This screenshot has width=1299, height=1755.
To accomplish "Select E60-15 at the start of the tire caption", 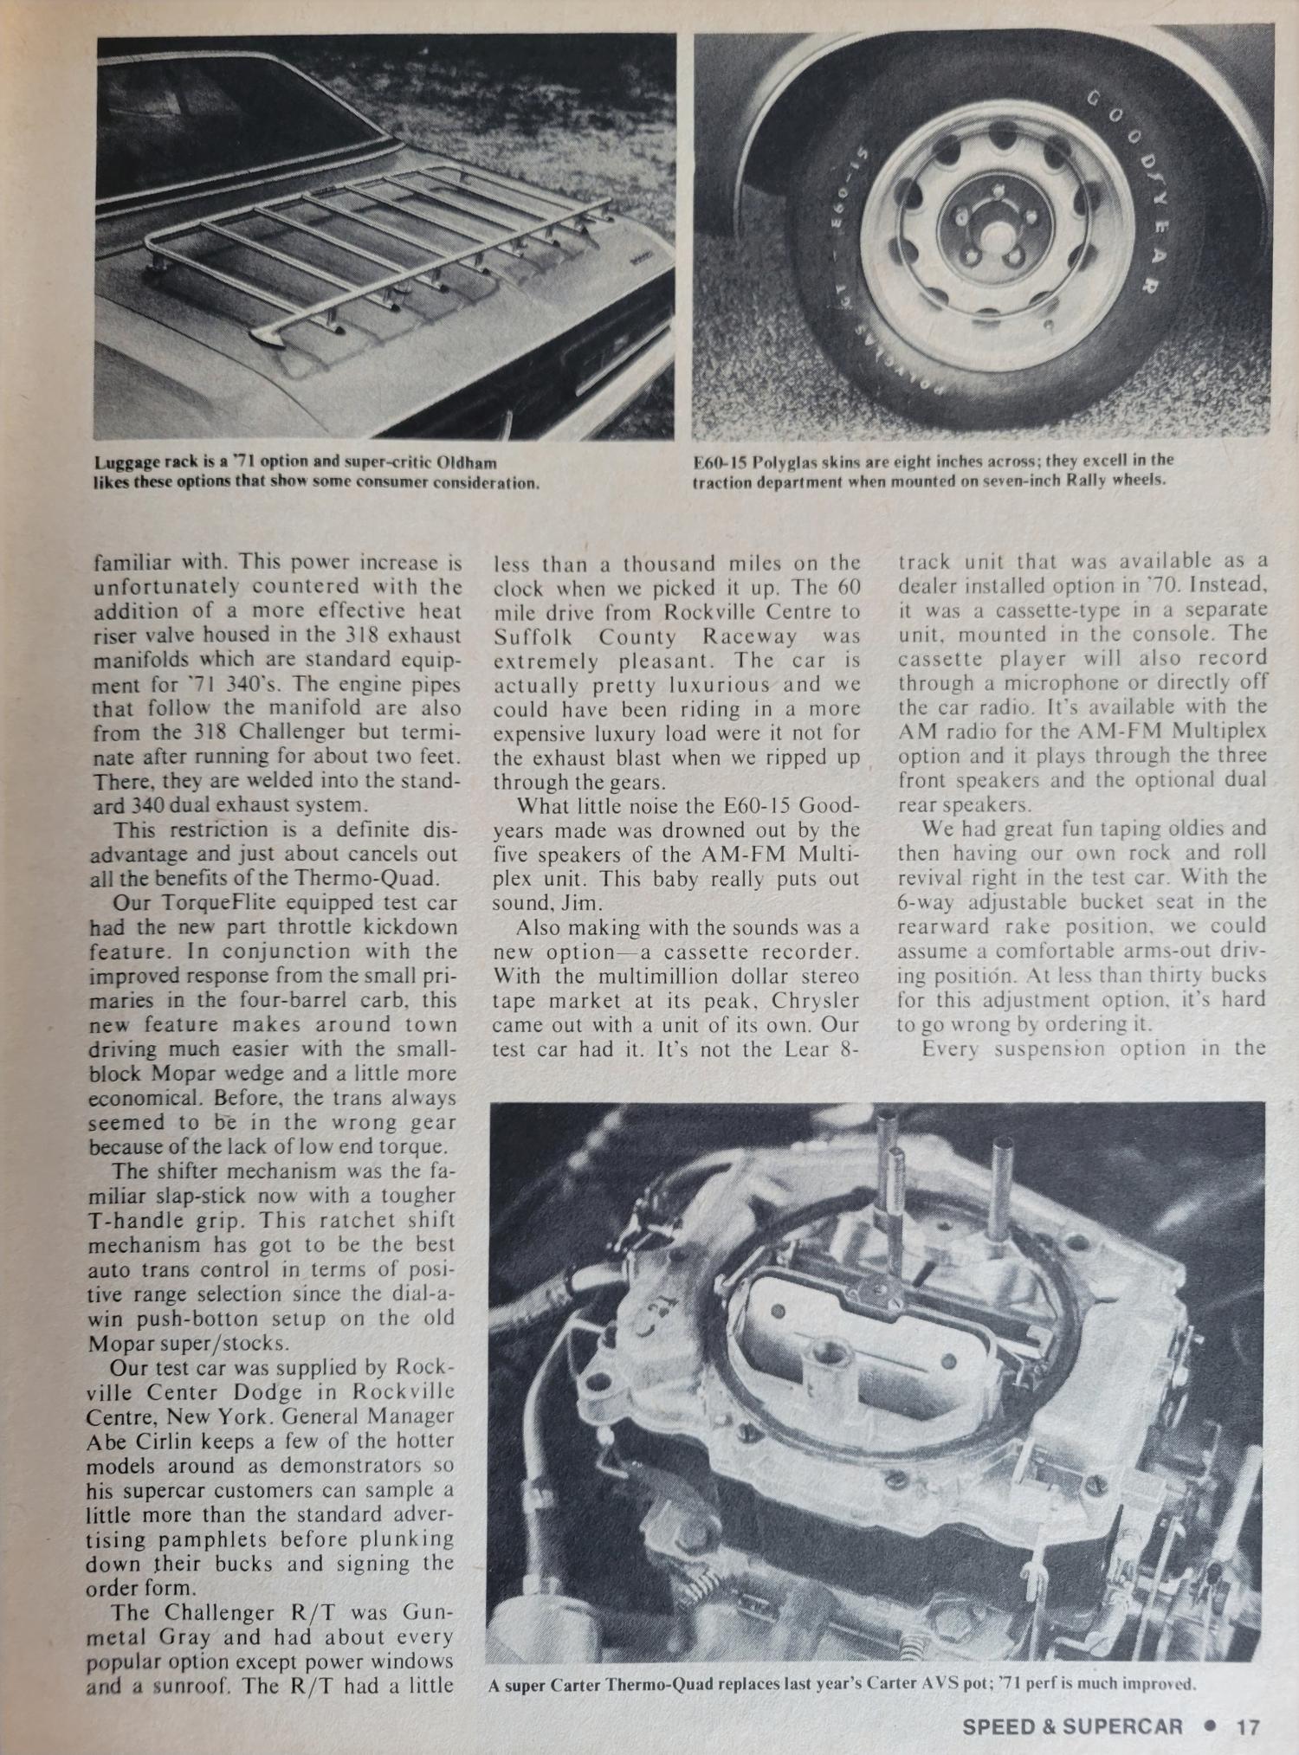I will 720,460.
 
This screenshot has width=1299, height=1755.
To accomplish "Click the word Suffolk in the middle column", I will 535,637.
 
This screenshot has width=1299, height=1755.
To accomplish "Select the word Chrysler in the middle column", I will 816,1000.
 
